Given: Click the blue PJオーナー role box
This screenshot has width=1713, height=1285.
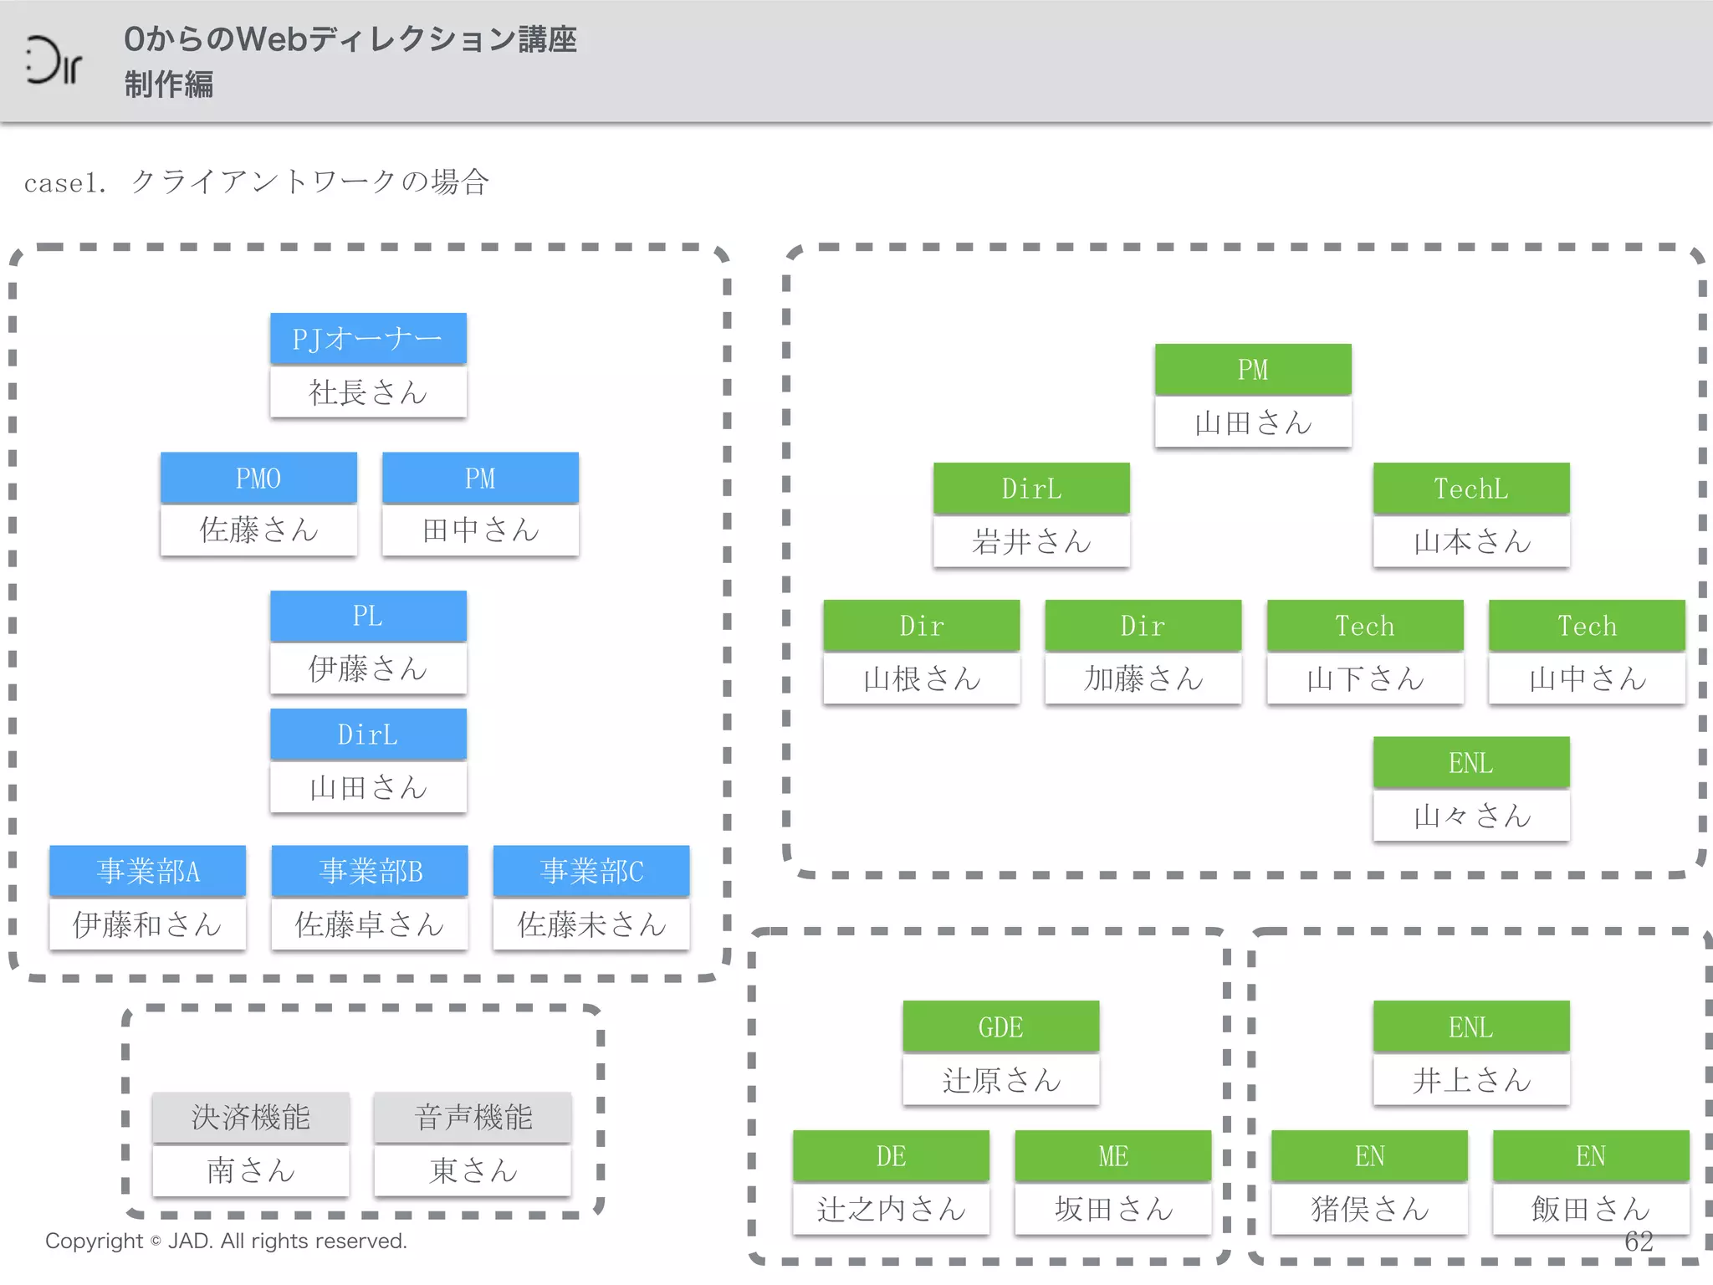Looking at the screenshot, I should [368, 339].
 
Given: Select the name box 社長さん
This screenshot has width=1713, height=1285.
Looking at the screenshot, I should [368, 392].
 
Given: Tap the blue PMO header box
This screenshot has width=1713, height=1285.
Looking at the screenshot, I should [258, 478].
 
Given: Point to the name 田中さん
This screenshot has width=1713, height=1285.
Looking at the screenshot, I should [480, 530].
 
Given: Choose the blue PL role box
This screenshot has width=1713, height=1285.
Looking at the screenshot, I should [368, 616].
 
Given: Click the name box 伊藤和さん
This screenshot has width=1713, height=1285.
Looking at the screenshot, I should [147, 924].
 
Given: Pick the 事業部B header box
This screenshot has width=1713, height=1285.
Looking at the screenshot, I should [370, 871].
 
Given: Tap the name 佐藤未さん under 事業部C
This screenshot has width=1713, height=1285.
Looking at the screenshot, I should [591, 924].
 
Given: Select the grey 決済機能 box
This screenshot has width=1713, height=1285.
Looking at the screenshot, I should [250, 1117].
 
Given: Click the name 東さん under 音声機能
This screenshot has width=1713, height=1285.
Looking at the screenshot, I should [473, 1170].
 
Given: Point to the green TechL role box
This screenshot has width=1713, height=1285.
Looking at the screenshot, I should [1470, 489].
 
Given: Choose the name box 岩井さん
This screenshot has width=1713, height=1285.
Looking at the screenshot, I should [1031, 542].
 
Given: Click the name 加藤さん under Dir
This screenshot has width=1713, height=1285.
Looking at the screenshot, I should [1143, 678].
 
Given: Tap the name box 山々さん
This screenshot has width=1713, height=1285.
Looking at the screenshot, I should [1470, 816].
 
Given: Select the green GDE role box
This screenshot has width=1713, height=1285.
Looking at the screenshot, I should [1000, 1026].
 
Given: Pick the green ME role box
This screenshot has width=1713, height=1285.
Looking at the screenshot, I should [1112, 1156].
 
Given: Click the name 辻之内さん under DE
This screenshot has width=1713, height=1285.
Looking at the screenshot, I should [891, 1209].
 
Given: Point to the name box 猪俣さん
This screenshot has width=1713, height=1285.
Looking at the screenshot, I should [1369, 1209].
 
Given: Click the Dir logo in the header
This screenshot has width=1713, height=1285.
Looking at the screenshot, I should [54, 60].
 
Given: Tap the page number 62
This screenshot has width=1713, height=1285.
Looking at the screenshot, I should [1639, 1241].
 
